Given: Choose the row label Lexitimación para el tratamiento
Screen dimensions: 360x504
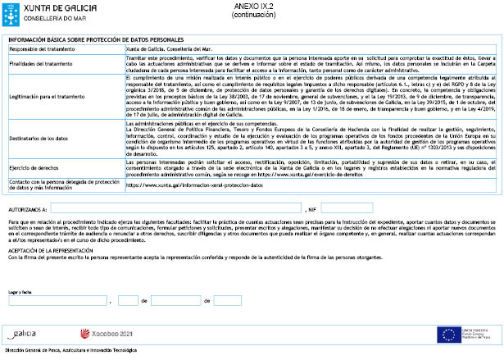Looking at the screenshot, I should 43,97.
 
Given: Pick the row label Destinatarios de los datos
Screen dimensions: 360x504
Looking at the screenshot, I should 40,139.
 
